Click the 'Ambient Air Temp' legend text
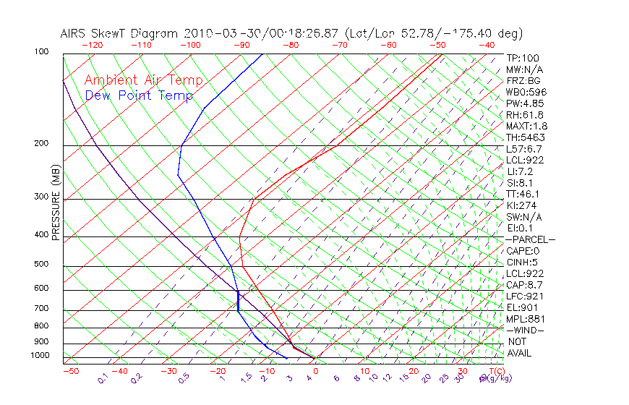143,80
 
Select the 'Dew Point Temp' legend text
139,95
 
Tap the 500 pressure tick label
40,265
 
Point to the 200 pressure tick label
40,144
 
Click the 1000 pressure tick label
40,356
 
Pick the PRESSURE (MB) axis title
56,203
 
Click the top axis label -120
92,45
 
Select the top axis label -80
291,45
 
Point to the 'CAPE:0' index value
524,251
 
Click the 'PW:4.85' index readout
524,103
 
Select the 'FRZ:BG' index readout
523,81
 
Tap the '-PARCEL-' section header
530,239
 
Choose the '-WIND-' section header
526,331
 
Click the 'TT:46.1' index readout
523,194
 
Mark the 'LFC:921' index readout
524,296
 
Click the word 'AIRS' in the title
74,34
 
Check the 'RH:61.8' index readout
523,115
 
